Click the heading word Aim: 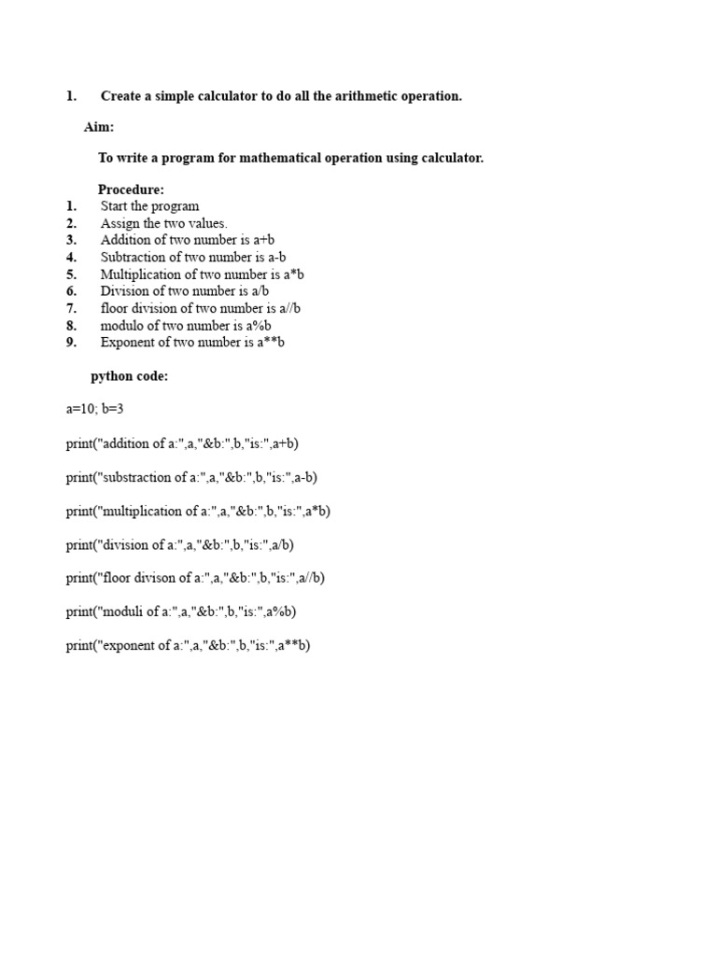tap(99, 127)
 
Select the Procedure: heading tap(131, 190)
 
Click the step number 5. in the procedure tap(71, 274)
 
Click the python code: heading tap(129, 377)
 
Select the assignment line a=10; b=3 tap(95, 410)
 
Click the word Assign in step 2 tap(119, 223)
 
